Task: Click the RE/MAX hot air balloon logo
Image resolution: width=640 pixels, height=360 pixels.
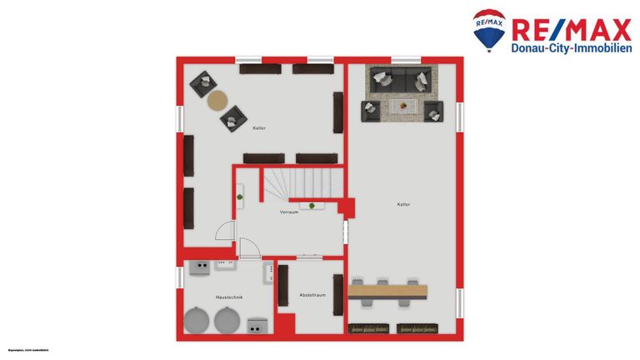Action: (x=488, y=30)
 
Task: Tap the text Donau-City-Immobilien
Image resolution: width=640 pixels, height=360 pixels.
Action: (x=571, y=47)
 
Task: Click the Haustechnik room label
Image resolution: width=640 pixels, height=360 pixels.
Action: (x=228, y=297)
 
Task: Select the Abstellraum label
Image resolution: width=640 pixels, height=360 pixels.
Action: (x=312, y=295)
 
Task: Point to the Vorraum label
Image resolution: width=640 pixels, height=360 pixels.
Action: (x=288, y=212)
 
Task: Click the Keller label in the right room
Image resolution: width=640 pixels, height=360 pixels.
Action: (x=403, y=204)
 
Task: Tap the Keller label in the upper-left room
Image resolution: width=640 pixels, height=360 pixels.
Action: (x=259, y=127)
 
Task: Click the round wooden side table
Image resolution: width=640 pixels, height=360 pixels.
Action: (x=217, y=101)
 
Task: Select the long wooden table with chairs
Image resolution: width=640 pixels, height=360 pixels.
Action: (x=388, y=292)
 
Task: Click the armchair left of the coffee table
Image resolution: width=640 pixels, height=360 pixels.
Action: (x=370, y=111)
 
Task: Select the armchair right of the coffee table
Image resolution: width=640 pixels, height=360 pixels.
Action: (x=433, y=111)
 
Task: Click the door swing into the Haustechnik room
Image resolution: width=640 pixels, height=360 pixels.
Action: (x=249, y=248)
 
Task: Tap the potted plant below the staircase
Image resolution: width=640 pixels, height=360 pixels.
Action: (x=312, y=205)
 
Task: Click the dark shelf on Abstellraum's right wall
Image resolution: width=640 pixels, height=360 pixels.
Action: (x=337, y=295)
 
